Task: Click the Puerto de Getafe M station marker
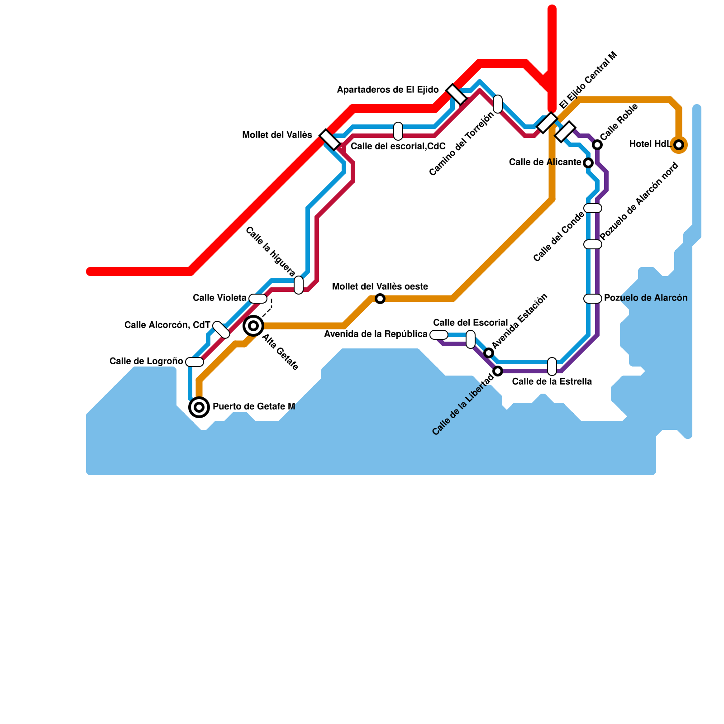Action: (x=199, y=407)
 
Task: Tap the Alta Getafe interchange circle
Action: (x=253, y=326)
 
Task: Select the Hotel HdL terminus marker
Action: (x=679, y=145)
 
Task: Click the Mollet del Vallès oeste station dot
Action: (x=380, y=299)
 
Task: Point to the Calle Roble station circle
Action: (x=597, y=145)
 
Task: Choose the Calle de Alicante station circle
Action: (x=588, y=163)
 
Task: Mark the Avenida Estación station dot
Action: (x=489, y=353)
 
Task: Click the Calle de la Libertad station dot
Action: (x=498, y=371)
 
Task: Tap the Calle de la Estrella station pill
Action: (x=552, y=367)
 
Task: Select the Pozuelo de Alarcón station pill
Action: (x=593, y=299)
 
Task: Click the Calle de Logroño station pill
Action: (x=195, y=362)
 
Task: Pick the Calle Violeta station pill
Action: (x=258, y=299)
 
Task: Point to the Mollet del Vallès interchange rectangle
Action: (x=330, y=139)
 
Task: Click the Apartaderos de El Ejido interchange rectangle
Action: (x=457, y=94)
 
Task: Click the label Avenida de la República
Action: (x=376, y=334)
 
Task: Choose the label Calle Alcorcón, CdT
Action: (x=167, y=325)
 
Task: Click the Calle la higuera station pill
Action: (x=299, y=285)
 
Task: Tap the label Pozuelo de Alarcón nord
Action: (x=639, y=201)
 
